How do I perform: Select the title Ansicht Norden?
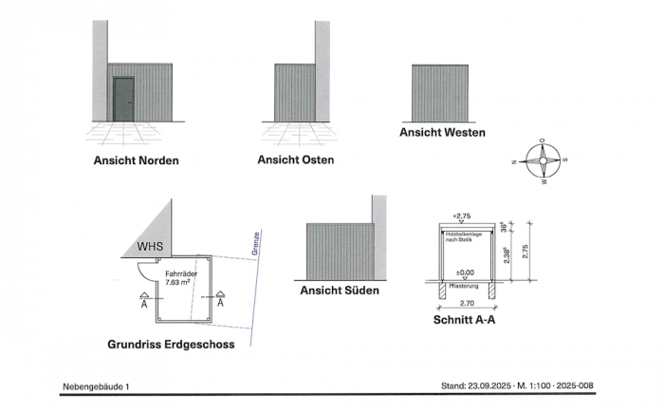[x=136, y=160]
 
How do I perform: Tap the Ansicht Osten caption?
[x=295, y=160]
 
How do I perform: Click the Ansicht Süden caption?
[x=339, y=290]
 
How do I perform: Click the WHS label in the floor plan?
[x=150, y=246]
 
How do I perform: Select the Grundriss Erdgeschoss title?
[x=172, y=344]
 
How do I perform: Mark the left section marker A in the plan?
[x=144, y=304]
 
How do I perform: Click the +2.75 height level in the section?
[x=463, y=216]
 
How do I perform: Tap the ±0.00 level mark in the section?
[x=464, y=273]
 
